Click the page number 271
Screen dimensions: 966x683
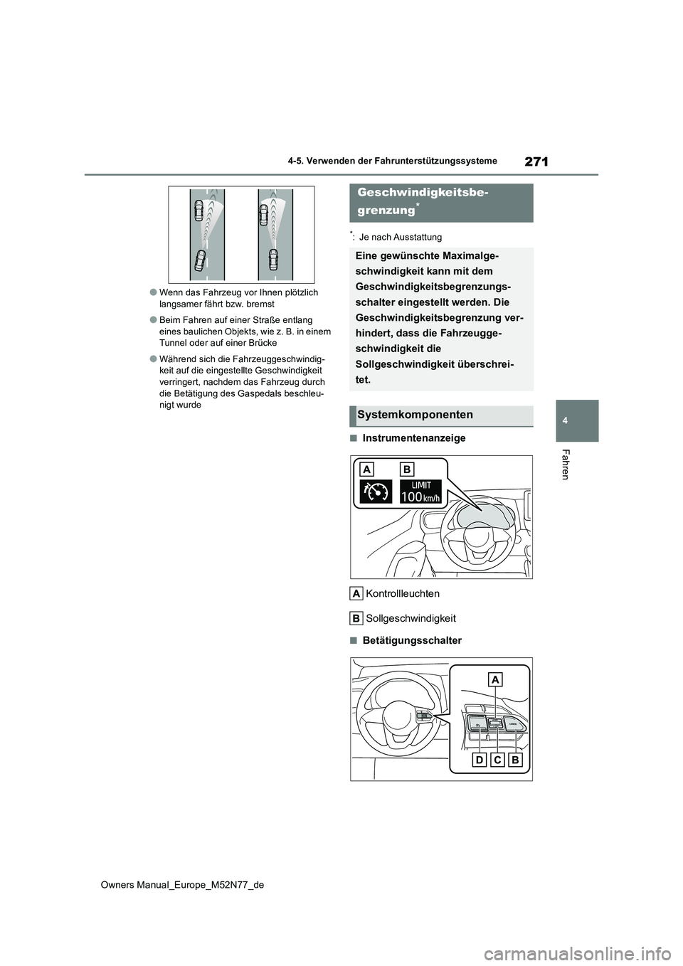(x=536, y=161)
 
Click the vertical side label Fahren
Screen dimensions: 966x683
(x=566, y=465)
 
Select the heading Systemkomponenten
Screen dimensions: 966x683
(x=415, y=415)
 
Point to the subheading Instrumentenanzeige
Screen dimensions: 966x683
(x=413, y=438)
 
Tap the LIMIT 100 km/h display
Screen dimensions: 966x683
(x=420, y=491)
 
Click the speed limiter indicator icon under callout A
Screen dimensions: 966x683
(x=376, y=492)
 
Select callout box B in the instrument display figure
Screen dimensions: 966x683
(x=407, y=469)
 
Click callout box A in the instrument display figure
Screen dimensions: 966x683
(x=367, y=469)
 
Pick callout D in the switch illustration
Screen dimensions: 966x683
(x=479, y=760)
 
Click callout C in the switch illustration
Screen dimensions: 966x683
(x=497, y=760)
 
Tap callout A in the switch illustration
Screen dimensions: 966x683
(x=495, y=679)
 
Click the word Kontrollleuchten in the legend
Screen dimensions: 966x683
(x=403, y=594)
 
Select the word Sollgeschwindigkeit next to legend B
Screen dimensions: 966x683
(x=411, y=618)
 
